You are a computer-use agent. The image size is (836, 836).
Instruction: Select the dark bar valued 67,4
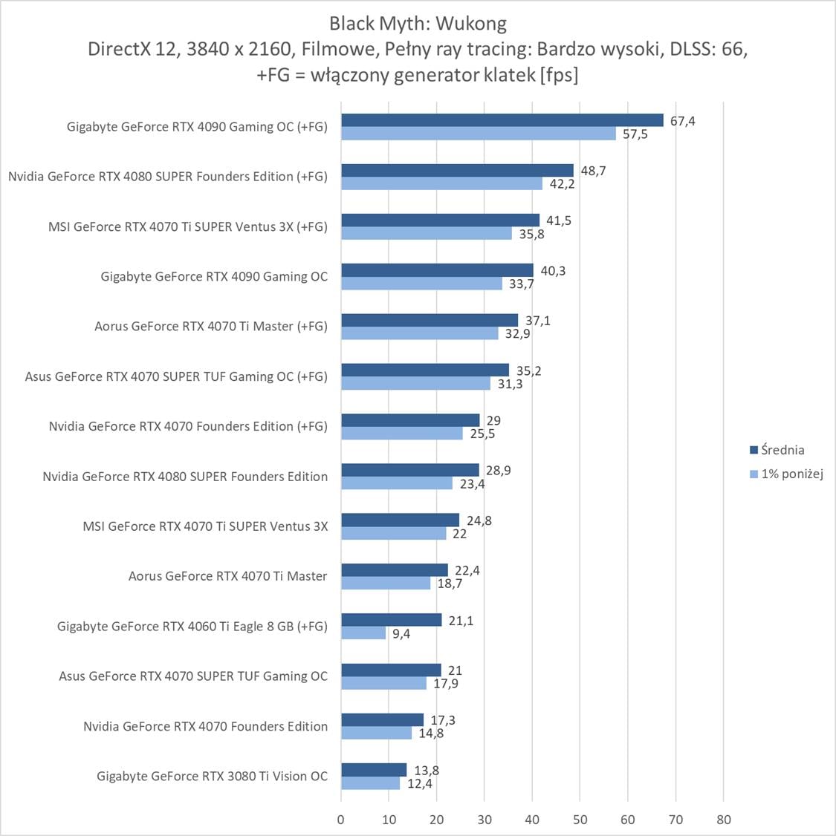pyautogui.click(x=502, y=120)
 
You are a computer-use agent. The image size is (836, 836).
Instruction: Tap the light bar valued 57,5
pyautogui.click(x=479, y=134)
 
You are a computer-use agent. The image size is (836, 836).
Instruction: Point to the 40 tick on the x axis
pyautogui.click(x=532, y=820)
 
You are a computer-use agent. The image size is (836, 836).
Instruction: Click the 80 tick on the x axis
pyautogui.click(x=724, y=820)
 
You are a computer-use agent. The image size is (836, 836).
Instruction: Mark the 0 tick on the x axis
pyautogui.click(x=341, y=820)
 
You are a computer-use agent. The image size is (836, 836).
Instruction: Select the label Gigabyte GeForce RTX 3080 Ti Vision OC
pyautogui.click(x=212, y=776)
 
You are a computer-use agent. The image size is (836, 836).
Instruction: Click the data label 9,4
pyautogui.click(x=401, y=634)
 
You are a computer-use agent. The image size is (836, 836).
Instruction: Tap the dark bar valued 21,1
pyautogui.click(x=392, y=620)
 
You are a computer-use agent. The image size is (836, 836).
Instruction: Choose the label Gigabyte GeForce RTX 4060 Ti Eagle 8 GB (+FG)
pyautogui.click(x=192, y=626)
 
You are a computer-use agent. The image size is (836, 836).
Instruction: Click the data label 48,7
pyautogui.click(x=593, y=171)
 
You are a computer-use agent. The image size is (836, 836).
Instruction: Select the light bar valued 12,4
pyautogui.click(x=370, y=783)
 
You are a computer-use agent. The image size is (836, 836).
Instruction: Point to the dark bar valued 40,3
pyautogui.click(x=437, y=270)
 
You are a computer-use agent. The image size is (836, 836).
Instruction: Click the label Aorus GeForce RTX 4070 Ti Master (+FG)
pyautogui.click(x=210, y=326)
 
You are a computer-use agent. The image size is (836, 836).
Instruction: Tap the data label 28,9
pyautogui.click(x=498, y=471)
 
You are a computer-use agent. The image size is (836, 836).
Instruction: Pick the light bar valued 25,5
pyautogui.click(x=402, y=434)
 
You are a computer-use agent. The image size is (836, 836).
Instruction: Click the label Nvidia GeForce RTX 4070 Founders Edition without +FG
pyautogui.click(x=205, y=726)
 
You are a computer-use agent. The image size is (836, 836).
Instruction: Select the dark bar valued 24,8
pyautogui.click(x=400, y=520)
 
